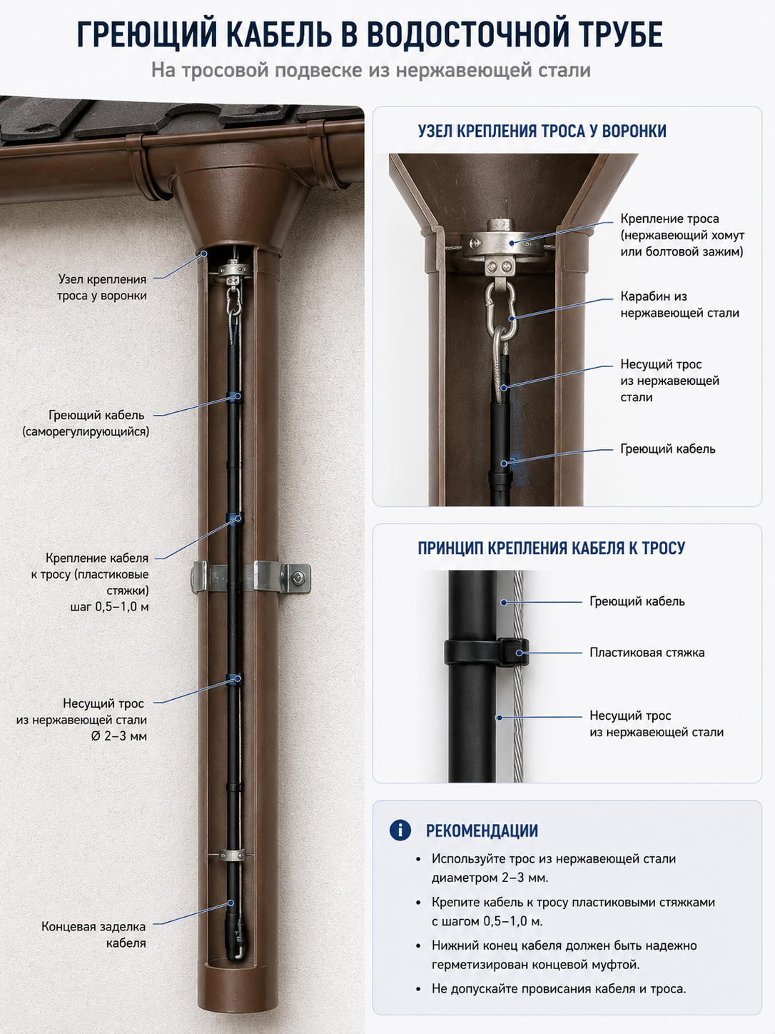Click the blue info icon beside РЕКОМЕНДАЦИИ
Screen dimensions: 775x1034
click(x=400, y=830)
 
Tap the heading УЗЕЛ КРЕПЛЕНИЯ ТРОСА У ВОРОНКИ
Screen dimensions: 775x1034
click(x=542, y=131)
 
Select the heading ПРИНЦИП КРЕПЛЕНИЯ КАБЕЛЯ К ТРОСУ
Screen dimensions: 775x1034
click(x=551, y=548)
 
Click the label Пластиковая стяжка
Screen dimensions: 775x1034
click(x=647, y=653)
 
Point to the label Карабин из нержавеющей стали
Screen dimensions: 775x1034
click(x=679, y=304)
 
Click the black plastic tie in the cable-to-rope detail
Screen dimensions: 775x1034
click(x=487, y=651)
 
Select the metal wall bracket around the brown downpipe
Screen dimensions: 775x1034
click(x=250, y=576)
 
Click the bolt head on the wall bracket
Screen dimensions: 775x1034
click(x=297, y=578)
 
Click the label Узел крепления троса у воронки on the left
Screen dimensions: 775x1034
click(x=102, y=287)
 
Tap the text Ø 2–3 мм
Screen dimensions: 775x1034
click(x=119, y=736)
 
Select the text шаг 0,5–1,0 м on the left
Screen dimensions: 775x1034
click(x=109, y=607)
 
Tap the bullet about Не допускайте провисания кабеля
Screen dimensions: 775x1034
click(x=559, y=989)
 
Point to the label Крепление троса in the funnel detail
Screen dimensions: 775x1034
click(x=669, y=219)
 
